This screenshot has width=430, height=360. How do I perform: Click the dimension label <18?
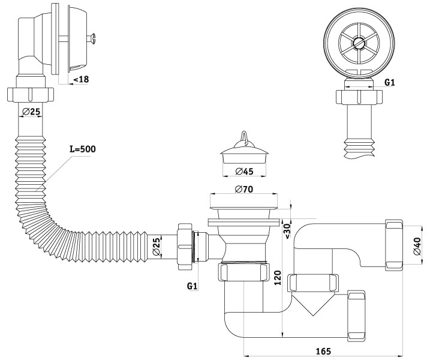(81, 79)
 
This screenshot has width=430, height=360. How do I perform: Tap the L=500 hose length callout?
(83, 149)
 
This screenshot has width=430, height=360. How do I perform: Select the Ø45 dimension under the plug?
(244, 171)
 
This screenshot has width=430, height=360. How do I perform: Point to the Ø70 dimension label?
(244, 189)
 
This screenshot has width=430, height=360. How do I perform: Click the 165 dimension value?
(323, 351)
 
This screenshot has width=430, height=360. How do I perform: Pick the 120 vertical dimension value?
(278, 278)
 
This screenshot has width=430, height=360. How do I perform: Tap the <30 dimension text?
(287, 231)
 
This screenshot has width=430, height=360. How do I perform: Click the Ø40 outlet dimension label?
(417, 246)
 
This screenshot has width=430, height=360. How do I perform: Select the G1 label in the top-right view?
(389, 82)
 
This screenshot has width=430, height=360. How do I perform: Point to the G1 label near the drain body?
(192, 286)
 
